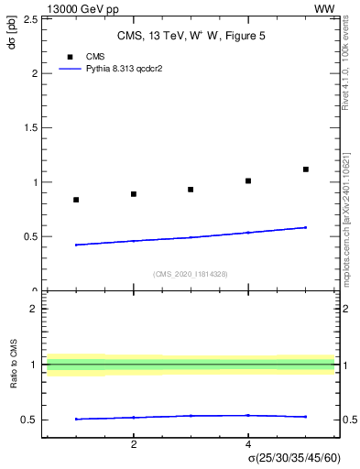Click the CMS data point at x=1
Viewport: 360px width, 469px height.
[76, 200]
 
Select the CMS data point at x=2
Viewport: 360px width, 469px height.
[134, 194]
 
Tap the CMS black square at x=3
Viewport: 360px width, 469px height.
[191, 190]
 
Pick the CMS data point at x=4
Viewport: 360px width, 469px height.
[248, 180]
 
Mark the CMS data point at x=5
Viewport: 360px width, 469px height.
[306, 169]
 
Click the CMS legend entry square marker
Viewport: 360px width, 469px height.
[70, 57]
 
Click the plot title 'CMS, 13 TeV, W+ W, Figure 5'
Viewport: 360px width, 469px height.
[189, 37]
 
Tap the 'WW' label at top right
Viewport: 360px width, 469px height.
[324, 8]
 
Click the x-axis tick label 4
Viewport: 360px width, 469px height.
[248, 444]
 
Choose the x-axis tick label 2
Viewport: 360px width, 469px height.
[134, 444]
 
